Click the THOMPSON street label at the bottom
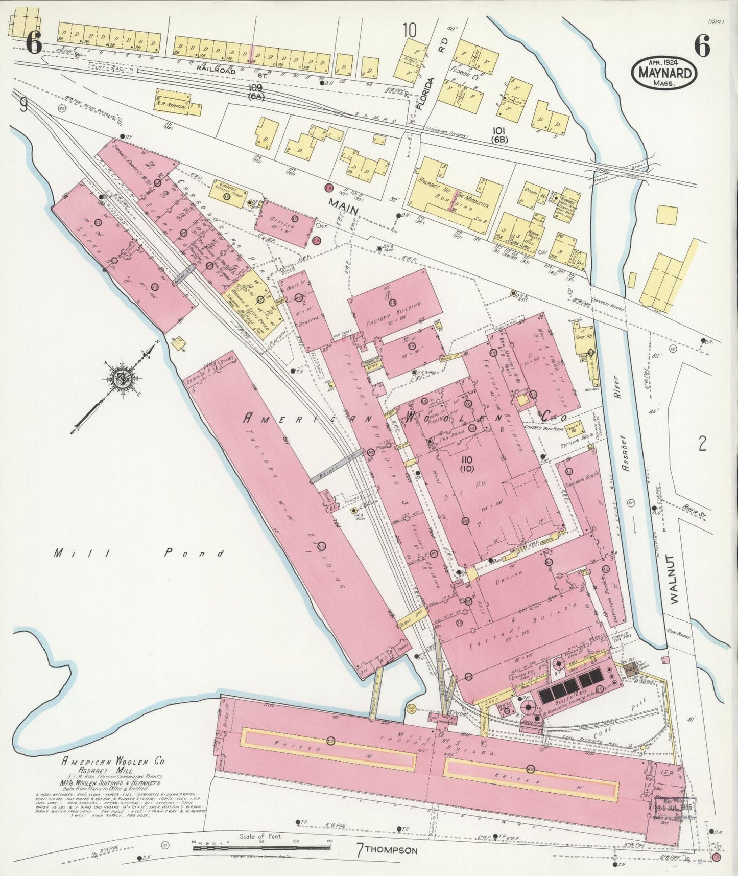(392, 850)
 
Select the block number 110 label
(467, 463)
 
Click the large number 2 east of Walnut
(702, 444)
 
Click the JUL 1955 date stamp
(674, 808)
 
